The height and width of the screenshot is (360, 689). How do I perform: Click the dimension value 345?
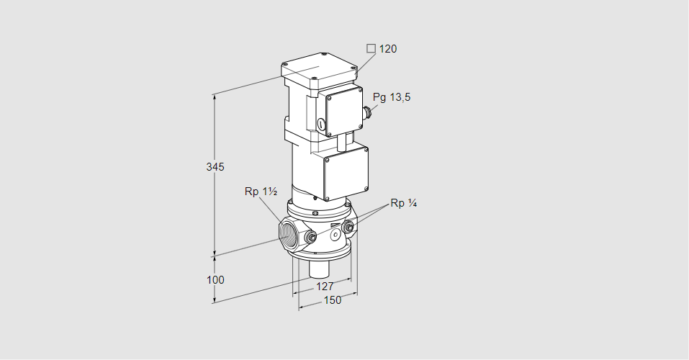215,167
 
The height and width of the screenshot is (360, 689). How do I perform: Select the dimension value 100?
215,279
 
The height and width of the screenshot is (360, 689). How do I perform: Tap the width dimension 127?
325,286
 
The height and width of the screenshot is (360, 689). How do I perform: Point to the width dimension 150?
332,300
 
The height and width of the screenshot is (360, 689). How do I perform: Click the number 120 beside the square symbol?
388,49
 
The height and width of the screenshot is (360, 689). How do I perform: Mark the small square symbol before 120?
371,49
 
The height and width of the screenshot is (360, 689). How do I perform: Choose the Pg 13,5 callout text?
392,97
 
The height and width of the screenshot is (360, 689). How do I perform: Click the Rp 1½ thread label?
260,192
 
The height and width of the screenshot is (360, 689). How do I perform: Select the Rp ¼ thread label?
403,203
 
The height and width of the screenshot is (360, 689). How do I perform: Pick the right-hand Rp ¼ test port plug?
349,229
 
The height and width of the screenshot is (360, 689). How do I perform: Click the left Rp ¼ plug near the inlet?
310,238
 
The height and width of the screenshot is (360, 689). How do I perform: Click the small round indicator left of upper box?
318,126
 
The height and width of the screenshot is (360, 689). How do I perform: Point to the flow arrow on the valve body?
334,225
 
